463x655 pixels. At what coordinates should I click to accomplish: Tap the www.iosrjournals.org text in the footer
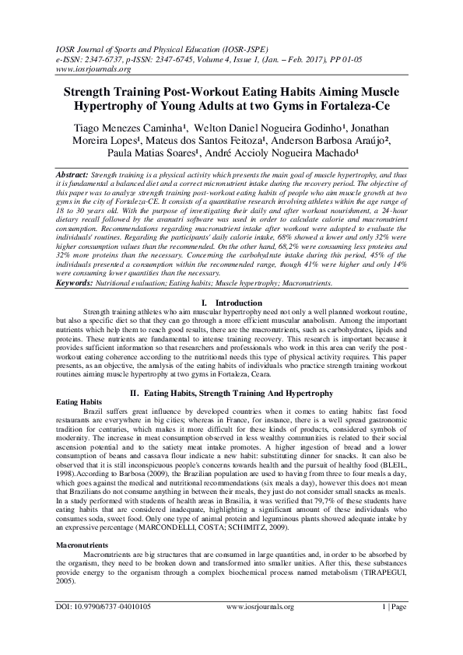[260, 628]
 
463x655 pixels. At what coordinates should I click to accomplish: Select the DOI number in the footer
[107, 628]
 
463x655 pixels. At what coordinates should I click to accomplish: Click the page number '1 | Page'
[391, 628]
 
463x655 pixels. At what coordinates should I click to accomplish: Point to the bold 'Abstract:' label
[73, 177]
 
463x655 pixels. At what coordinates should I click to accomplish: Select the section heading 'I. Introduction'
[231, 300]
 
